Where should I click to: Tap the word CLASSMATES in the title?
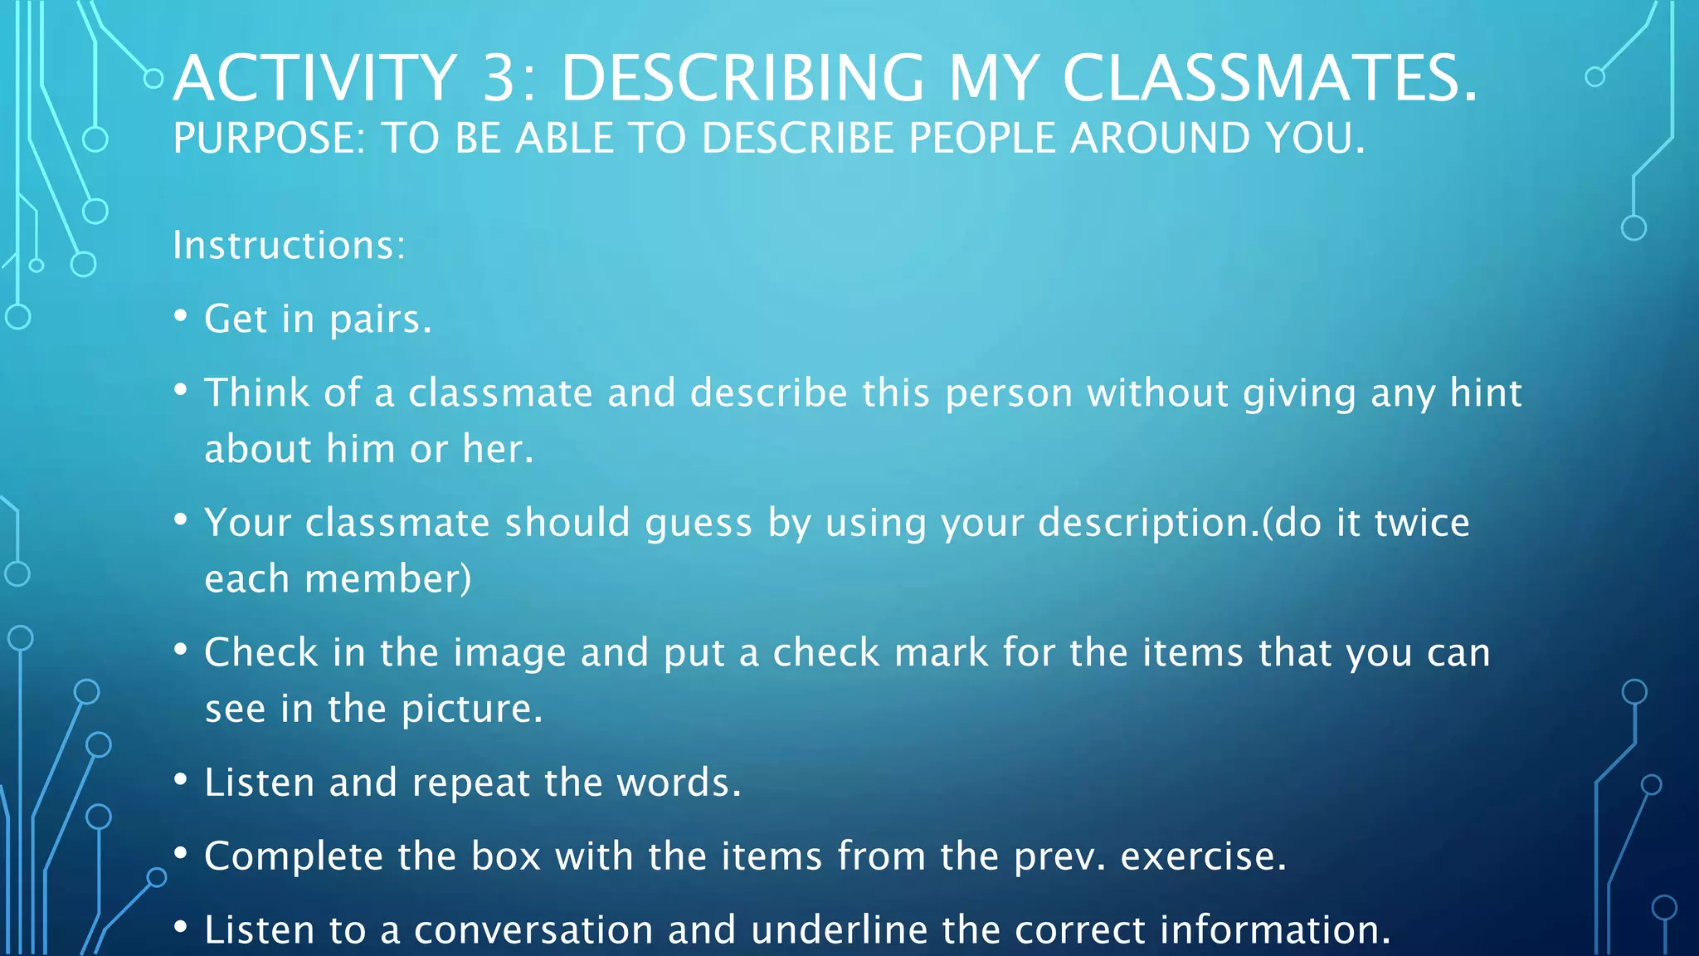click(x=1269, y=79)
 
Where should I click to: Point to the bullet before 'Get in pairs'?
click(x=181, y=316)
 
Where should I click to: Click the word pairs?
click(x=380, y=320)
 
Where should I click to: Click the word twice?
click(x=1422, y=523)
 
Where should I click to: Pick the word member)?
click(x=387, y=579)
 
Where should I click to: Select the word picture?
click(x=471, y=710)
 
